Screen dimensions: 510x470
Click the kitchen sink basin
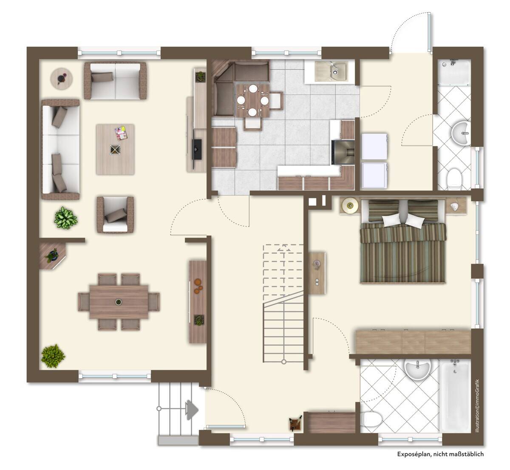pyautogui.click(x=331, y=71)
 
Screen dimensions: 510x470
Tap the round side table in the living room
pyautogui.click(x=62, y=79)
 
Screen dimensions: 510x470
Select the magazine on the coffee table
pyautogui.click(x=121, y=133)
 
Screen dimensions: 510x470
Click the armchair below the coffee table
pyautogui.click(x=115, y=215)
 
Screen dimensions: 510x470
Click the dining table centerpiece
pyautogui.click(x=119, y=302)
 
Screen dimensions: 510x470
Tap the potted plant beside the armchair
pyautogui.click(x=65, y=218)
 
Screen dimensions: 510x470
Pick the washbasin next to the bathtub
pyautogui.click(x=417, y=370)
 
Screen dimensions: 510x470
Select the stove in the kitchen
pyautogui.click(x=343, y=152)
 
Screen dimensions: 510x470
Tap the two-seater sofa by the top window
pyautogui.click(x=116, y=81)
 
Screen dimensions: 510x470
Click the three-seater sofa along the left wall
pyautogui.click(x=60, y=150)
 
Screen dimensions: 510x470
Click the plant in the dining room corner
pyautogui.click(x=53, y=356)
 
